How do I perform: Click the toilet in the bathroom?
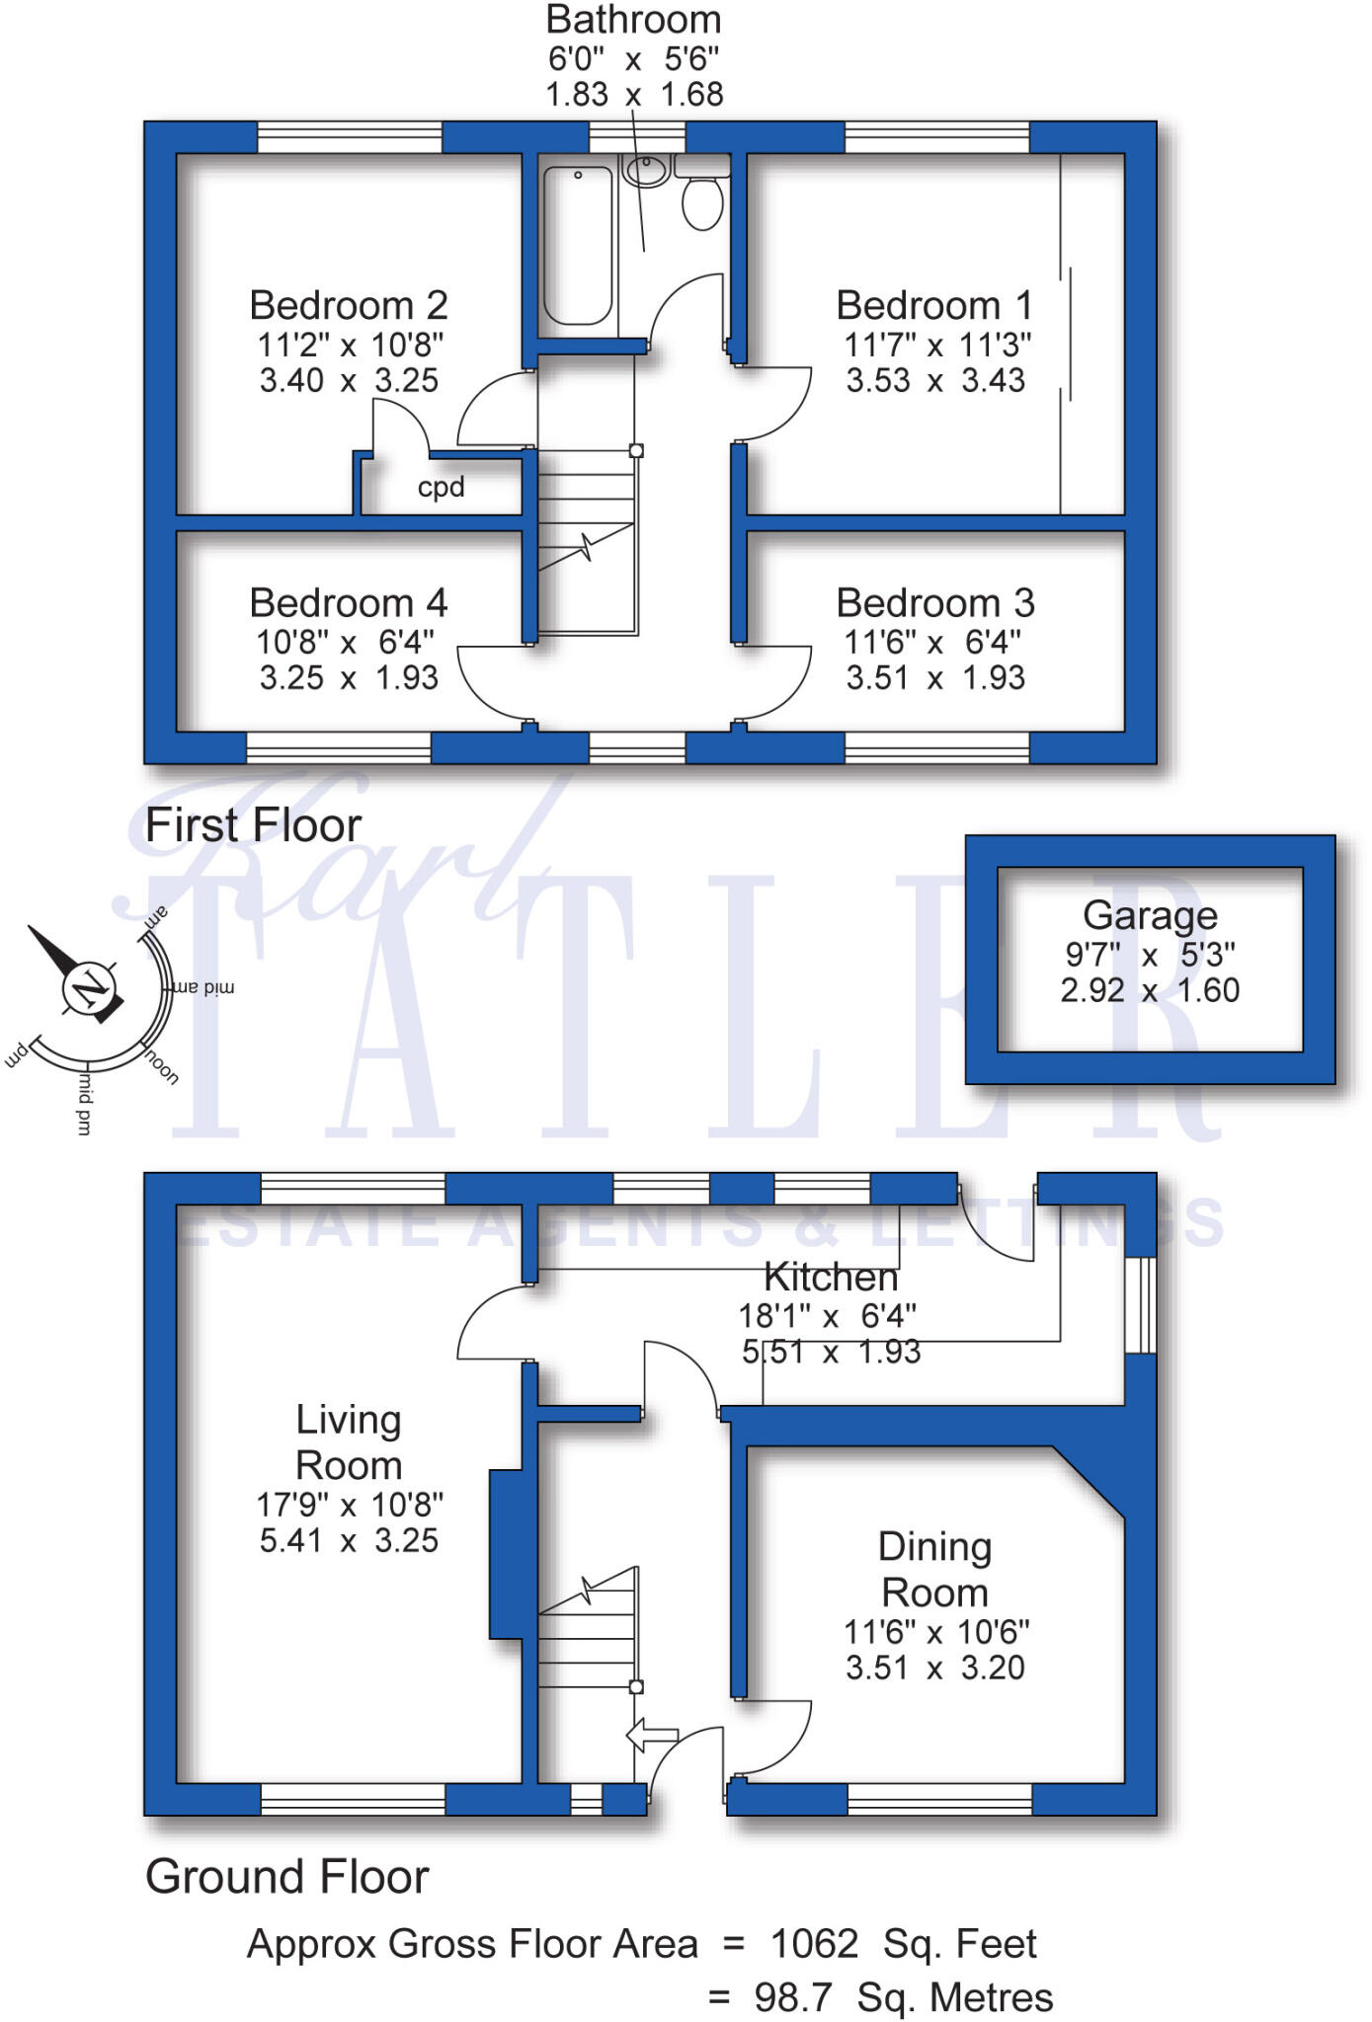tap(702, 202)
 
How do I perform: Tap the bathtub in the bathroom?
tap(578, 246)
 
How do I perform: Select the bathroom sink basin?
tap(647, 170)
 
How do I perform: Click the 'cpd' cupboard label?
tap(441, 488)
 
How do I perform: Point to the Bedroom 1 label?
tap(934, 306)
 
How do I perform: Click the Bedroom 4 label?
tap(348, 603)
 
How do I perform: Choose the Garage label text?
tap(1150, 915)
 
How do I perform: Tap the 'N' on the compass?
tap(91, 987)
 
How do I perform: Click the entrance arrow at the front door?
tap(653, 1735)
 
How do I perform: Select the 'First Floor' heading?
tap(253, 825)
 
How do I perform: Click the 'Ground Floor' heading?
tap(286, 1877)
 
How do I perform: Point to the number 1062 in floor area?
tap(814, 1944)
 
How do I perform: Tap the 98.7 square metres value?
tap(792, 1997)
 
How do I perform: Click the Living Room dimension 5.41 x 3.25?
tap(349, 1540)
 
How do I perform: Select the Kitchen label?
tap(831, 1278)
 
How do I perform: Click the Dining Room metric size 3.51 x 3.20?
tap(934, 1668)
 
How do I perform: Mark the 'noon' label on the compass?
tap(163, 1067)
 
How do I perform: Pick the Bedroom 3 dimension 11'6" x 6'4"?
tap(932, 643)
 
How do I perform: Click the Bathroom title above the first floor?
tap(633, 20)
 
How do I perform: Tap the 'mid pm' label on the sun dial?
tap(84, 1105)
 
